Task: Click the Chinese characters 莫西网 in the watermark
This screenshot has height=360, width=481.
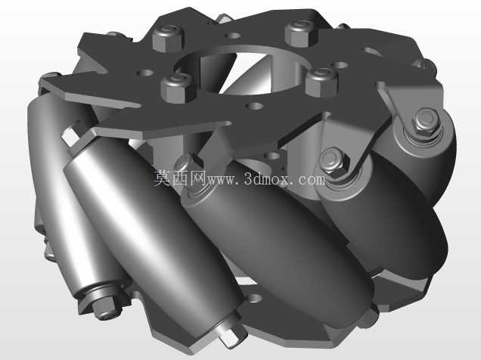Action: pos(179,178)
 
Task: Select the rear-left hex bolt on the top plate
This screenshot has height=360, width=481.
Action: pos(168,38)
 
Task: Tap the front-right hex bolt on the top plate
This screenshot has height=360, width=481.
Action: pos(322,82)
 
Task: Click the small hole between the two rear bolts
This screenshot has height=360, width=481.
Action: pos(233,36)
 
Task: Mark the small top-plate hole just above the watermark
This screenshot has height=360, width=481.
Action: pos(254,107)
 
